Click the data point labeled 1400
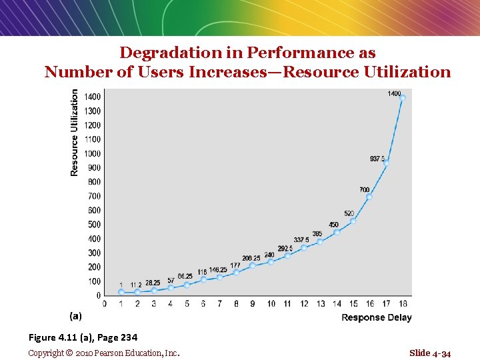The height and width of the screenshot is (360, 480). point(403,97)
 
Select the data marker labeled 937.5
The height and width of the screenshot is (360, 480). point(386,163)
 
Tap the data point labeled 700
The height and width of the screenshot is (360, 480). point(369,197)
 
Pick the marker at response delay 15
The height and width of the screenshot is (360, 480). point(353,221)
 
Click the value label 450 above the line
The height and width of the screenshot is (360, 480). point(333,225)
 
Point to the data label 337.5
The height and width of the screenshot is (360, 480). point(301,240)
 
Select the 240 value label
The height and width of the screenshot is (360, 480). point(269,255)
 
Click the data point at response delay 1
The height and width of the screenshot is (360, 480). point(121,292)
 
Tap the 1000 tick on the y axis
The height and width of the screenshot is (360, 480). point(92,154)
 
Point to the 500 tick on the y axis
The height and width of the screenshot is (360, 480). point(94,225)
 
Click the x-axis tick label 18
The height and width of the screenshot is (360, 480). point(403,304)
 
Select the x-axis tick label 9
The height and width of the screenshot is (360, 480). point(253,304)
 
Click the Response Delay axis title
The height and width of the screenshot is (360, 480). point(377,317)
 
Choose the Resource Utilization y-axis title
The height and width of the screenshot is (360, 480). point(74,133)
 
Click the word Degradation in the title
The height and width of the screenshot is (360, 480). point(171,53)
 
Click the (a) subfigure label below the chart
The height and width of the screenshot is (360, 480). point(75,315)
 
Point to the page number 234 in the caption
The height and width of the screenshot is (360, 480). point(129,337)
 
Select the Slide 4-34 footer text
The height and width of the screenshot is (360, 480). point(430,353)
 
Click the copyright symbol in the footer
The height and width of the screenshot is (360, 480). point(69,353)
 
